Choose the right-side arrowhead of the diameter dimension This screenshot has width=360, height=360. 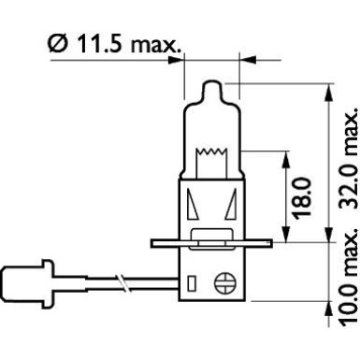(x=244, y=57)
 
